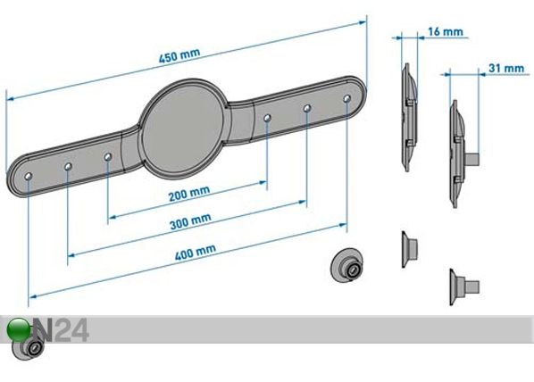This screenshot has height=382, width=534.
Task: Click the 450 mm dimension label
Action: (179, 56)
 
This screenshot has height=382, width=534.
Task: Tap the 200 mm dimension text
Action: (189, 194)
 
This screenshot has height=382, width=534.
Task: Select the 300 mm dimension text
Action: (190, 221)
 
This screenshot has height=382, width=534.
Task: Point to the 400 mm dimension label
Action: (196, 253)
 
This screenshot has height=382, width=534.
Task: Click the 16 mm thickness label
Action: (445, 32)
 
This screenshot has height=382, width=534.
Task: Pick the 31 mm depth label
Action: (506, 68)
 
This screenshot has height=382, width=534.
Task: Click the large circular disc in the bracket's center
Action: (184, 129)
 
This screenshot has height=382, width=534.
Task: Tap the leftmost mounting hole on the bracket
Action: (29, 176)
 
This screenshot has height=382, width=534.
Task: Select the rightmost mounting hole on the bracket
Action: (347, 98)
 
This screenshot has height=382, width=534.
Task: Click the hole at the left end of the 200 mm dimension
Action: (108, 157)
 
